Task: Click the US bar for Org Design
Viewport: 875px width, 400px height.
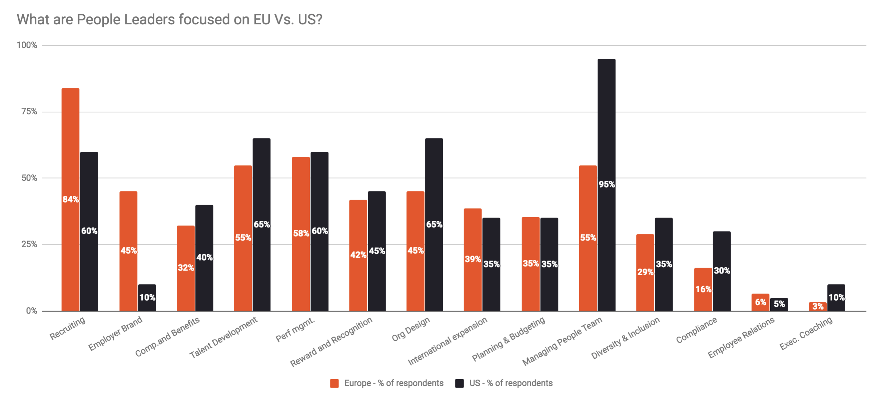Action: pos(434,179)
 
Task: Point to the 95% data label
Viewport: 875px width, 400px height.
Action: pos(607,184)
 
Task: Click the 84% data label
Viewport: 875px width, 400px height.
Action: pos(70,199)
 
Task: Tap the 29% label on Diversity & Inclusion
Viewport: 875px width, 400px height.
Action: pos(645,272)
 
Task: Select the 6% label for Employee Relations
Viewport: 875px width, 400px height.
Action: pos(760,302)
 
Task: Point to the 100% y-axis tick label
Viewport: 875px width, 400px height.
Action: pos(27,45)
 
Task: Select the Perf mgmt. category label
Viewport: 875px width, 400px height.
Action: pos(295,329)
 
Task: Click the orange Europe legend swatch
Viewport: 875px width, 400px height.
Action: pos(334,383)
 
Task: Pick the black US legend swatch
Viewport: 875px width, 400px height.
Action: pos(459,383)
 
